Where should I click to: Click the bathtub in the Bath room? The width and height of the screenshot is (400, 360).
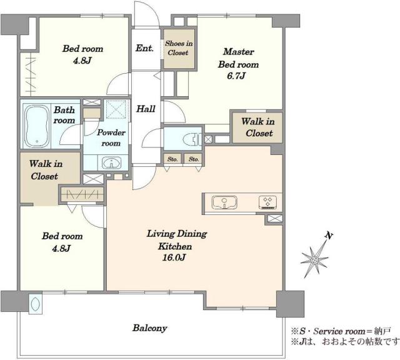(x=36, y=126)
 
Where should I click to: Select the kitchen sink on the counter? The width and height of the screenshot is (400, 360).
(x=224, y=202)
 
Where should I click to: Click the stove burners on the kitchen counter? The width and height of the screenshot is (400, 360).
(x=267, y=202)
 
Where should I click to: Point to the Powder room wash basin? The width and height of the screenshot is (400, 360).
(x=111, y=162)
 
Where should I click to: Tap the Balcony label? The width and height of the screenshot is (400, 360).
(x=149, y=328)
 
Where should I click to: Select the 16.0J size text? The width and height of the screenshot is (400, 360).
(x=174, y=257)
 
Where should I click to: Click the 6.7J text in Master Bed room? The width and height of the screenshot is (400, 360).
(x=236, y=76)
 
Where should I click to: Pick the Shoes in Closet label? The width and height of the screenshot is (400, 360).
(x=179, y=48)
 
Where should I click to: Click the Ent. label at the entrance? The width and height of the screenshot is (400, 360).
(x=144, y=48)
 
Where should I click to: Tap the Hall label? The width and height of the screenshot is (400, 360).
(x=146, y=109)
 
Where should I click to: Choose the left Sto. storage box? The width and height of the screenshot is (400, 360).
(x=172, y=159)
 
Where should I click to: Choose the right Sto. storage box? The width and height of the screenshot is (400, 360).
(x=193, y=159)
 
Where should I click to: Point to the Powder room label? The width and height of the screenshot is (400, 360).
(x=111, y=137)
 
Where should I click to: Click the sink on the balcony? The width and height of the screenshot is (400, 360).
(x=35, y=304)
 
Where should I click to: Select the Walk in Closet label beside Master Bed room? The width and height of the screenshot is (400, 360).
(x=258, y=127)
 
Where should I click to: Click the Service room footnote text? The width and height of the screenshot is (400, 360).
(x=341, y=331)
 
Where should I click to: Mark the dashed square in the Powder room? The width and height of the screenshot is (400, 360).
(x=116, y=109)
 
